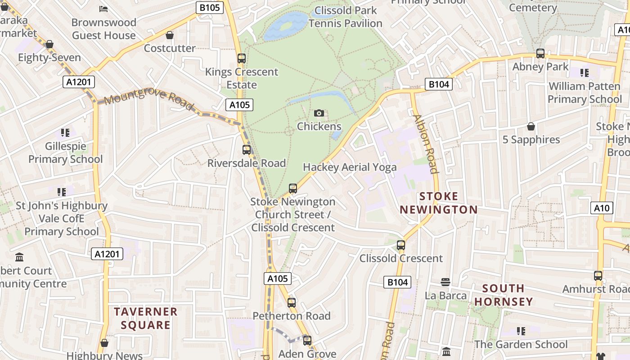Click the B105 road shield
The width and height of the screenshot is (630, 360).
coord(210,7)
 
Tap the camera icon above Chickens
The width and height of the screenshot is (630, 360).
coord(319,113)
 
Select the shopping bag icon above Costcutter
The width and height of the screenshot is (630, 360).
coord(170,35)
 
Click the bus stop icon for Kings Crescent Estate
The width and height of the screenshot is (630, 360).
coord(242,58)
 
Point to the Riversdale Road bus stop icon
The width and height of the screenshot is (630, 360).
coord(247,150)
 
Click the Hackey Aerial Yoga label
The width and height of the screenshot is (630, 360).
coord(350,167)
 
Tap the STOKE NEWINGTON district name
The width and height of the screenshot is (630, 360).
coord(438,203)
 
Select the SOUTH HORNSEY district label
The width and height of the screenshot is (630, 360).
coord(503,295)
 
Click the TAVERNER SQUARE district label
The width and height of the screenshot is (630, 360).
coord(145,318)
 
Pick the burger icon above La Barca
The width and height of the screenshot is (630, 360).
coord(445,282)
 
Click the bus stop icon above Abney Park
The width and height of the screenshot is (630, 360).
coord(540,54)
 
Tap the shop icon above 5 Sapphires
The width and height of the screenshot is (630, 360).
coord(531,126)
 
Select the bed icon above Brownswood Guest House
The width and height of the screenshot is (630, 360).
coord(103,9)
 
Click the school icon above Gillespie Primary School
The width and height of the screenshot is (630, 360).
coord(65,133)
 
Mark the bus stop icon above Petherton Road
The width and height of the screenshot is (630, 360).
coord(292,302)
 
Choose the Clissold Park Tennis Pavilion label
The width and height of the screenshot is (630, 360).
coord(346,17)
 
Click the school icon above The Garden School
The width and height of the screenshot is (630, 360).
coord(521,331)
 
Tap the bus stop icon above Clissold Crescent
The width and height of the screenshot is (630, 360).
coord(401,245)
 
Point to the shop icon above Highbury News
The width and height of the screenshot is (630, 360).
coord(104,343)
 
